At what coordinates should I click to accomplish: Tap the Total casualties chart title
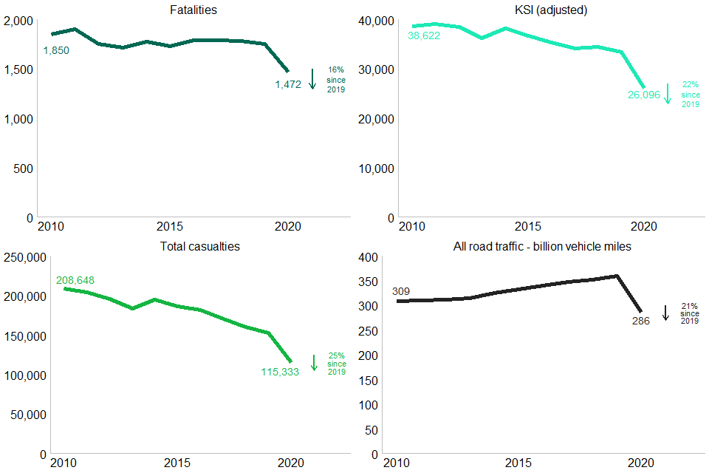pos(199,246)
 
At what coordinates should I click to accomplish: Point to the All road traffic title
pos(542,246)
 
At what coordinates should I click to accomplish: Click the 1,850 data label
pos(56,50)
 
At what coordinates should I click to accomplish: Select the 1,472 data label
pos(288,84)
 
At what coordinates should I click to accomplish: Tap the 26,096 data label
pos(643,95)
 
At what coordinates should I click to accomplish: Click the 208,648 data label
pos(75,280)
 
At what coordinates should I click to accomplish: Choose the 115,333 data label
pos(280,372)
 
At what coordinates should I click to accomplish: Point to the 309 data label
pos(401,291)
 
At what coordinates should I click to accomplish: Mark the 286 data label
pos(640,321)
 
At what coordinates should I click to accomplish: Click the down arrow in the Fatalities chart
pos(312,78)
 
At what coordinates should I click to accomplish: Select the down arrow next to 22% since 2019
pos(668,93)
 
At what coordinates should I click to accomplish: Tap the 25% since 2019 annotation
pos(337,364)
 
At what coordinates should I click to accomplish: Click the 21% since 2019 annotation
pos(689,313)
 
